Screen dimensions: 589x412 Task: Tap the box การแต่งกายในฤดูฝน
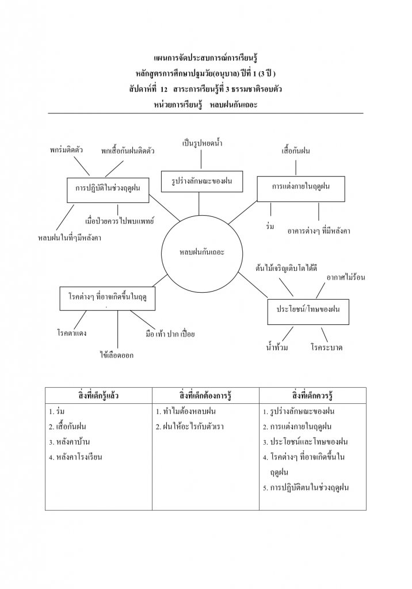(x=296, y=186)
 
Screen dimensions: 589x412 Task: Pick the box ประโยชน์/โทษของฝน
(x=308, y=309)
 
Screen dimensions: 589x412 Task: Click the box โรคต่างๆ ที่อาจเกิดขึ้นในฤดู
(x=108, y=298)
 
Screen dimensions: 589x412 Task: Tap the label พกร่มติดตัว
(x=66, y=150)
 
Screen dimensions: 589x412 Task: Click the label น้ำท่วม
(x=277, y=348)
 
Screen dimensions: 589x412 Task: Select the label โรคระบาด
(x=326, y=348)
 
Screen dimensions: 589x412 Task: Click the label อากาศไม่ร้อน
(x=345, y=277)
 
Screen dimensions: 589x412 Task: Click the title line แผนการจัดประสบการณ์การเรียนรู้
(x=205, y=58)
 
